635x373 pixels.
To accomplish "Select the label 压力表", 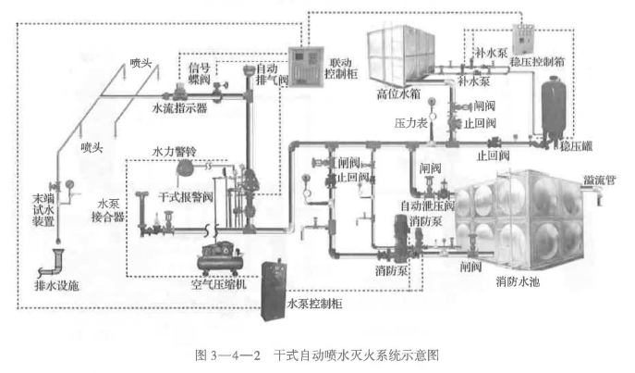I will pos(409,120).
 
